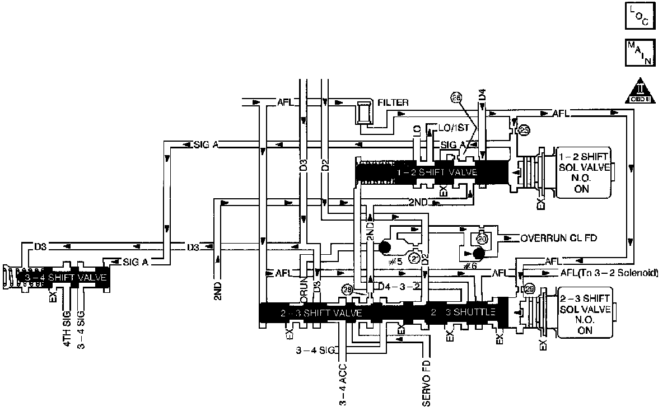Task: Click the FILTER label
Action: [393, 102]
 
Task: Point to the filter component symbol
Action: [363, 113]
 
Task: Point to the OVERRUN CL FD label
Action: [558, 238]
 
